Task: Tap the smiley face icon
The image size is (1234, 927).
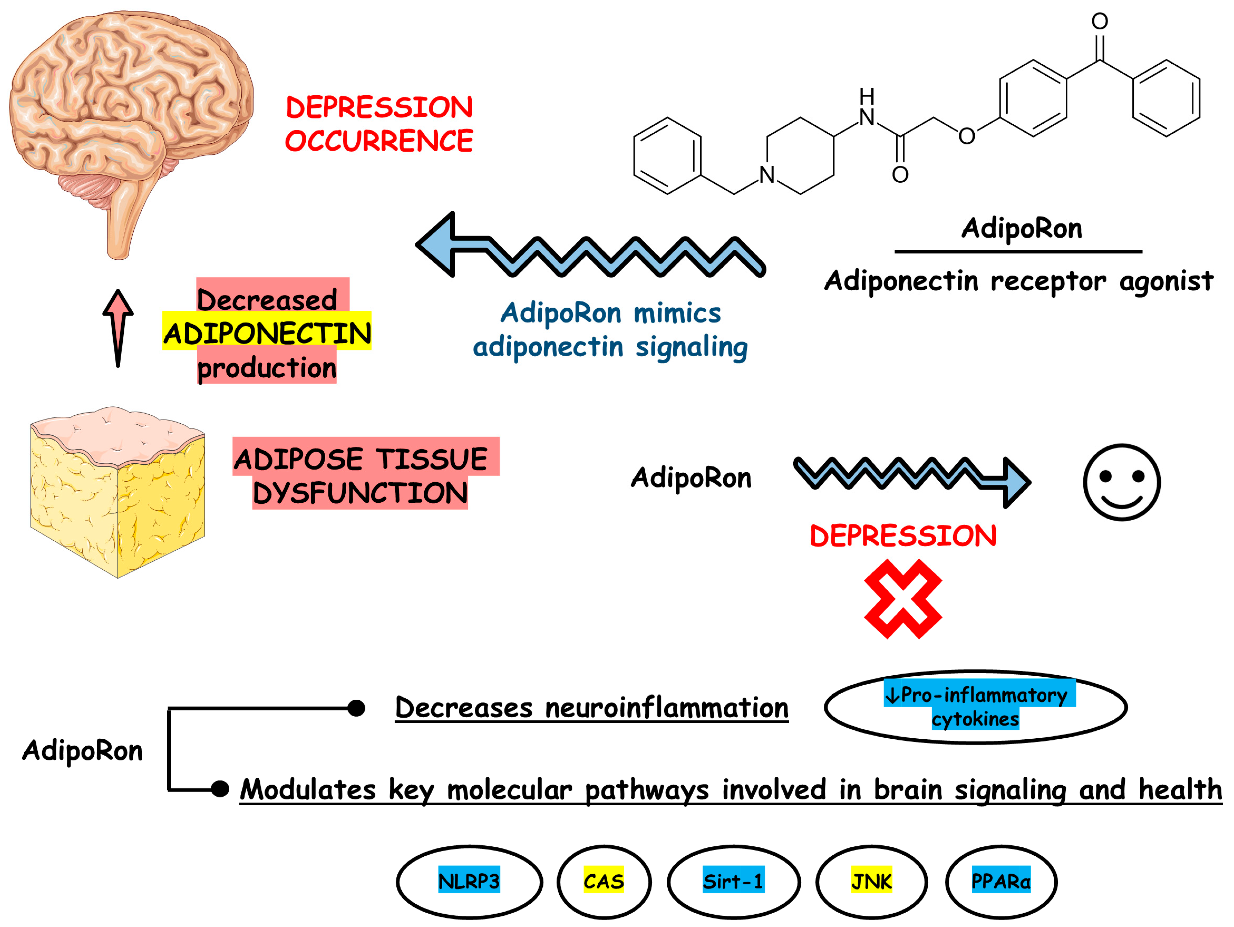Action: pyautogui.click(x=1121, y=483)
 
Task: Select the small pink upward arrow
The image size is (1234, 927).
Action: pyautogui.click(x=118, y=326)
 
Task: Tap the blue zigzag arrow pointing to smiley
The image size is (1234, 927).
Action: pyautogui.click(x=912, y=474)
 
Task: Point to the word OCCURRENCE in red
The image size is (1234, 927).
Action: pyautogui.click(x=379, y=141)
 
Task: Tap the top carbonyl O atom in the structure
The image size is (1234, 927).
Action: pyautogui.click(x=1100, y=21)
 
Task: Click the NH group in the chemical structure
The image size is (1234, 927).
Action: pyautogui.click(x=866, y=109)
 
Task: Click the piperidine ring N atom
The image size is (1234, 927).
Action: pyautogui.click(x=766, y=175)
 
